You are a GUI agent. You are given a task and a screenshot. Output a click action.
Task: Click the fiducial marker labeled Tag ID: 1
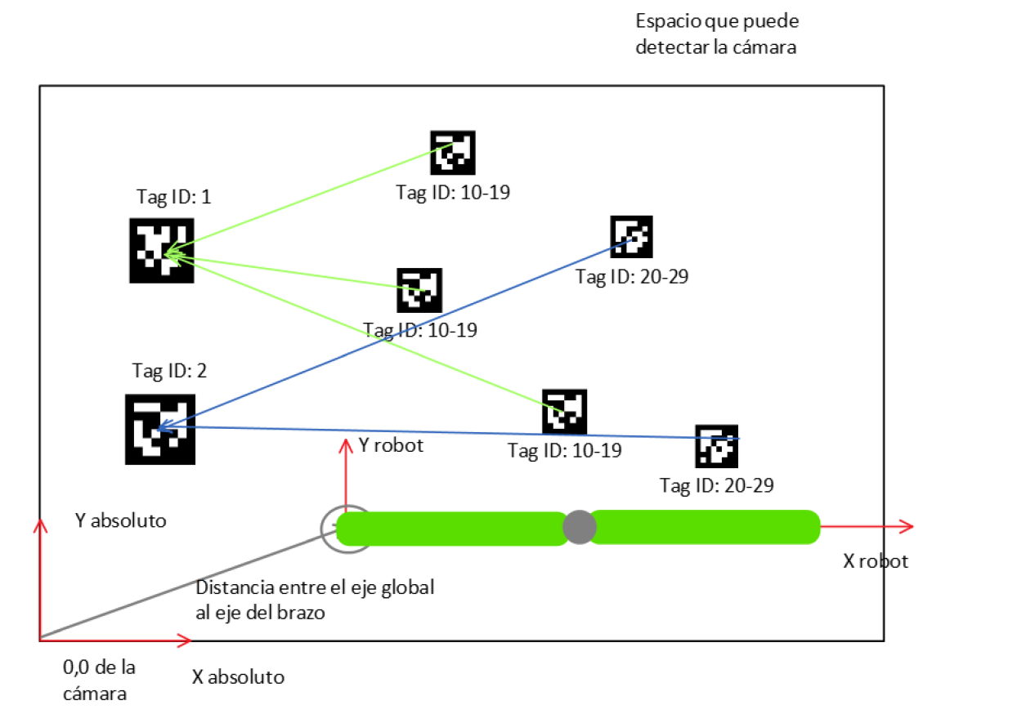[161, 250]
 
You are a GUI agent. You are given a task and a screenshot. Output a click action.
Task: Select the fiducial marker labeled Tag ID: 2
[159, 430]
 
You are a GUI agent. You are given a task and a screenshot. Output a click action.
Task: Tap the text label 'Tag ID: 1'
[173, 197]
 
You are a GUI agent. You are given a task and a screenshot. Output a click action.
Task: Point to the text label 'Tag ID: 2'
[169, 370]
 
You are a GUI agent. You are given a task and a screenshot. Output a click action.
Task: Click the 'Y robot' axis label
[391, 446]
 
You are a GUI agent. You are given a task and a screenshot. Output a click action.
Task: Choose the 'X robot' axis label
[875, 561]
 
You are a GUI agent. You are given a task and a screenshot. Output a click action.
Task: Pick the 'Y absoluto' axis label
[119, 520]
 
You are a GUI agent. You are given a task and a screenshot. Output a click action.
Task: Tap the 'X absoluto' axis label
[238, 677]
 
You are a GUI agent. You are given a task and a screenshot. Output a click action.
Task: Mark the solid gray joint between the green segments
[578, 527]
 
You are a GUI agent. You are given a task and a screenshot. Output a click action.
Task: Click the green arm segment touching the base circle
[451, 528]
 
